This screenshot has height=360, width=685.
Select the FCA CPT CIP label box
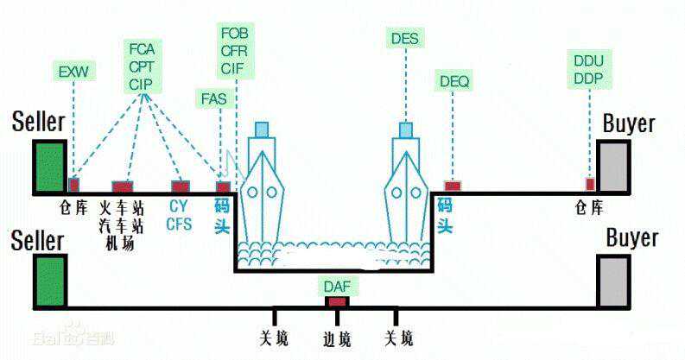[142, 65]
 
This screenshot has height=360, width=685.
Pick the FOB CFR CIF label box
[235, 50]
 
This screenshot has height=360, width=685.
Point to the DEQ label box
[454, 81]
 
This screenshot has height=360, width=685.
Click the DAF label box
[338, 284]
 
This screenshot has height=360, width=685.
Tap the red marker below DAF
[337, 301]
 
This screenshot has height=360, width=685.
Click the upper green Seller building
[50, 166]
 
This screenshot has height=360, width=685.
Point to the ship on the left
[262, 186]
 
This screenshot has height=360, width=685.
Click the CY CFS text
[179, 214]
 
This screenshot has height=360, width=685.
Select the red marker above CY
[180, 186]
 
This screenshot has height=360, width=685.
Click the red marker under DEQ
[453, 186]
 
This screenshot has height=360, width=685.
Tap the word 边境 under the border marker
[337, 338]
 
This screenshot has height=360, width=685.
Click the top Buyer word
[629, 123]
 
